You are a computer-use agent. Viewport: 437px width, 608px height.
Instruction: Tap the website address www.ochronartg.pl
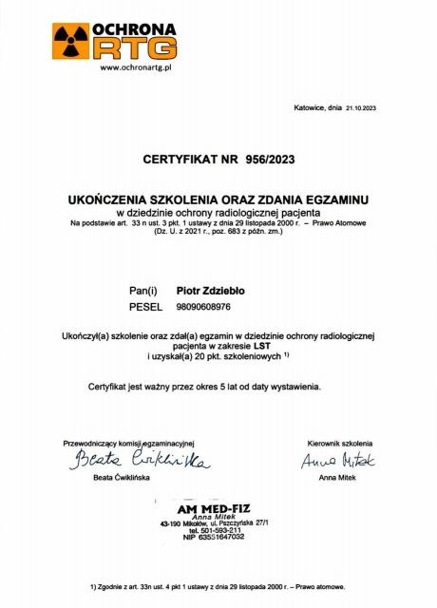pyautogui.click(x=134, y=67)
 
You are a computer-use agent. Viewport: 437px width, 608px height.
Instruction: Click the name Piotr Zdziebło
pyautogui.click(x=208, y=288)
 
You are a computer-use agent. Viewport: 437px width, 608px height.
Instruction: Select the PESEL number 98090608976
pyautogui.click(x=203, y=307)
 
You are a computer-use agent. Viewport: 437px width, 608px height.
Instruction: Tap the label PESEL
pyautogui.click(x=145, y=307)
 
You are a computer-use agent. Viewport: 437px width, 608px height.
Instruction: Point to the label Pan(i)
pyautogui.click(x=143, y=288)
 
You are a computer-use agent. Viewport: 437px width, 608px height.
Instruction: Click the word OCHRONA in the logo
pyautogui.click(x=134, y=28)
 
